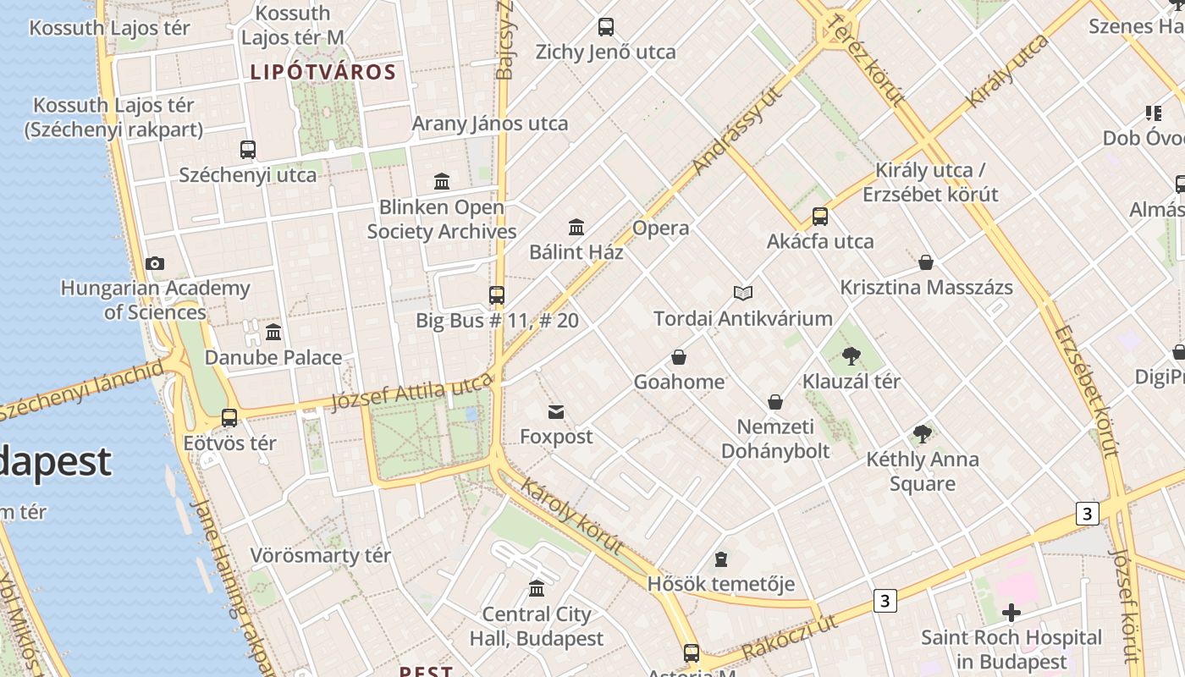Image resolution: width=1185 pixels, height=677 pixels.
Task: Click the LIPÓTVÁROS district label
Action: coord(322,72)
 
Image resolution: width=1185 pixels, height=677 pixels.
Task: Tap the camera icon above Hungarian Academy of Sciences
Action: coord(155,264)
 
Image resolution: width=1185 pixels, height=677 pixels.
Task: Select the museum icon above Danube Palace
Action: coord(273,333)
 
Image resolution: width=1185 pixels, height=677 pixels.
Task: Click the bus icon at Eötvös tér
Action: coord(229,418)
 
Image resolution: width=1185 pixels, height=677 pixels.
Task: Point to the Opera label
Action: coord(660,228)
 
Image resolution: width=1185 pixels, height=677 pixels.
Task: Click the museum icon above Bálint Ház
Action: coord(576,227)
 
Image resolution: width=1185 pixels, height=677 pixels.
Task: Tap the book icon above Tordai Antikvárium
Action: coord(743,294)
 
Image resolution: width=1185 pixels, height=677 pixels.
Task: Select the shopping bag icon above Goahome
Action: coord(679,357)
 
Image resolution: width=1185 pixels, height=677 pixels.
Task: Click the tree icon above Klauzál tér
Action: coord(852,356)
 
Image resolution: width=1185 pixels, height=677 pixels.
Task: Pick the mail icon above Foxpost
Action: coord(556,412)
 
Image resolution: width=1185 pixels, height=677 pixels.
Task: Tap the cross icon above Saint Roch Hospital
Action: coord(1011,613)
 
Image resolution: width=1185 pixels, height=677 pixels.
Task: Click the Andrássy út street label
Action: coord(735,130)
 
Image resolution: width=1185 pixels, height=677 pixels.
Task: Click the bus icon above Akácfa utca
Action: coord(820,217)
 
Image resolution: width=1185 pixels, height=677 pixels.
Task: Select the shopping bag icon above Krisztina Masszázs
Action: coord(926,262)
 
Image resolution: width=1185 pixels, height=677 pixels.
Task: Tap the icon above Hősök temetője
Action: coord(720,559)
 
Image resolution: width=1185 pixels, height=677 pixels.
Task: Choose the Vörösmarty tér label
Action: coord(320,556)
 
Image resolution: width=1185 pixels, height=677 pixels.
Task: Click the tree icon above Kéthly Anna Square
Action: coord(923,435)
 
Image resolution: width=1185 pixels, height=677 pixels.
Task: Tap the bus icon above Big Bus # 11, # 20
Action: coord(497,295)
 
